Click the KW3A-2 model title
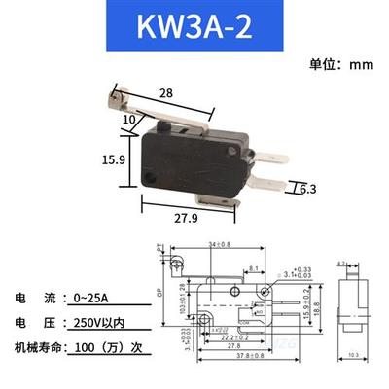(195, 26)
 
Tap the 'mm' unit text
(363, 65)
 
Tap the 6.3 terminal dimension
(281, 189)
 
